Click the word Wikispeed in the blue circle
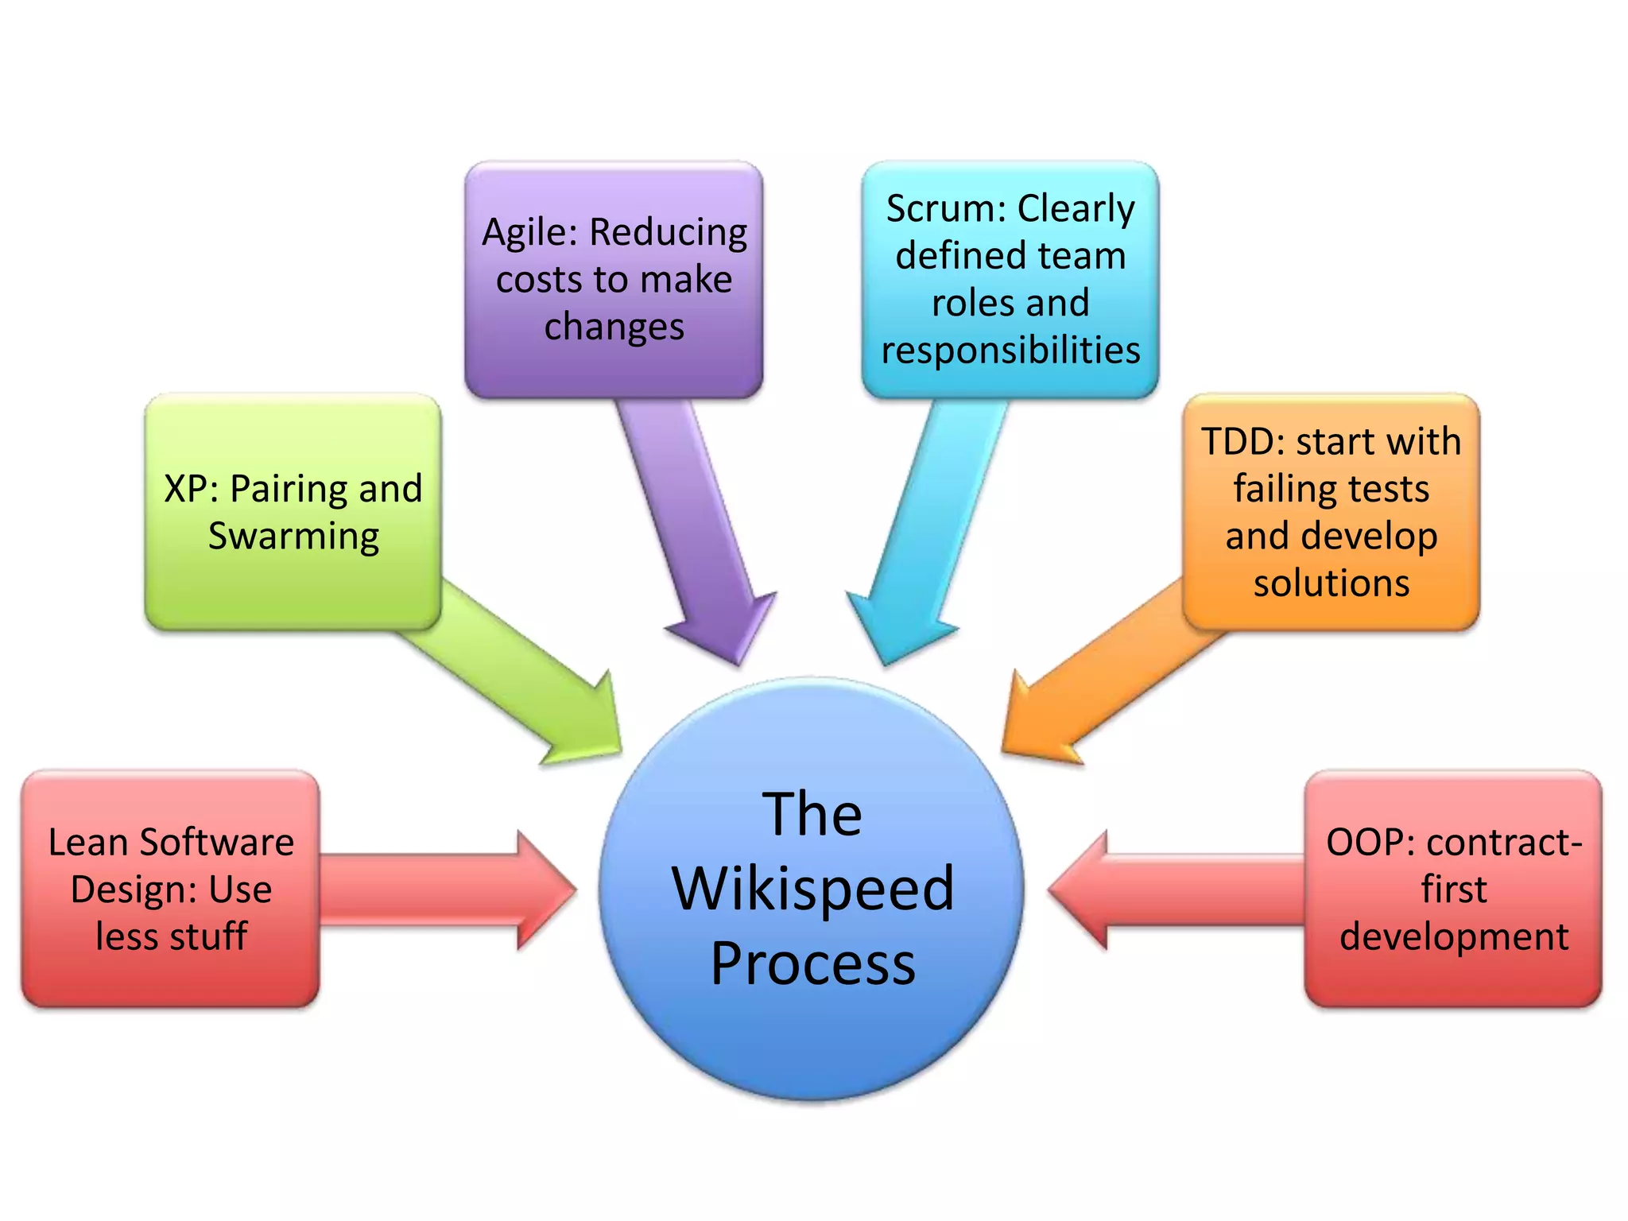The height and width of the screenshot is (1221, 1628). point(812,889)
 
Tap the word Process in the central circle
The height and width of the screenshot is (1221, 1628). point(812,963)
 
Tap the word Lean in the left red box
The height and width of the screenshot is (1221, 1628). point(87,843)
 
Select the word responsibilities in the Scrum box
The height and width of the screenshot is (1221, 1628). point(1010,350)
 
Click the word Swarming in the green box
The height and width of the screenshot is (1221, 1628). point(293,537)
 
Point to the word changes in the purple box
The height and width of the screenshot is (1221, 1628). point(614,327)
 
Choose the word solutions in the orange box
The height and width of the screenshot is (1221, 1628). point(1331,583)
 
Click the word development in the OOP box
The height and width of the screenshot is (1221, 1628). point(1453,936)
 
